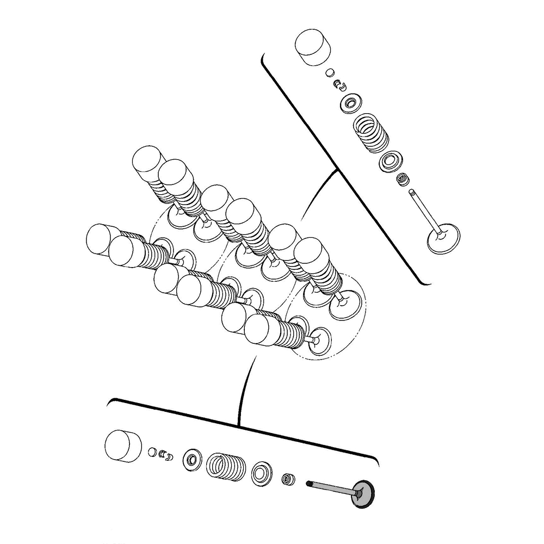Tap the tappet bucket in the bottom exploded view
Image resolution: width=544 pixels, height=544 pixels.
pyautogui.click(x=123, y=446)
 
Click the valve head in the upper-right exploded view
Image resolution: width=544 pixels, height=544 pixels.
pyautogui.click(x=443, y=239)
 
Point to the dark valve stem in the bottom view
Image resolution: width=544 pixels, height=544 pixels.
pyautogui.click(x=332, y=487)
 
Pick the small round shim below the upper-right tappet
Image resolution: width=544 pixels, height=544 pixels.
pyautogui.click(x=330, y=72)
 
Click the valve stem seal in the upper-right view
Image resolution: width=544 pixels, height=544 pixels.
pyautogui.click(x=403, y=178)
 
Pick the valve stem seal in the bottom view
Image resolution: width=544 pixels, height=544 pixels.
pyautogui.click(x=287, y=479)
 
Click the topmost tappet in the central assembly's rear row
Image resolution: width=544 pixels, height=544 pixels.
pyautogui.click(x=148, y=162)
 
